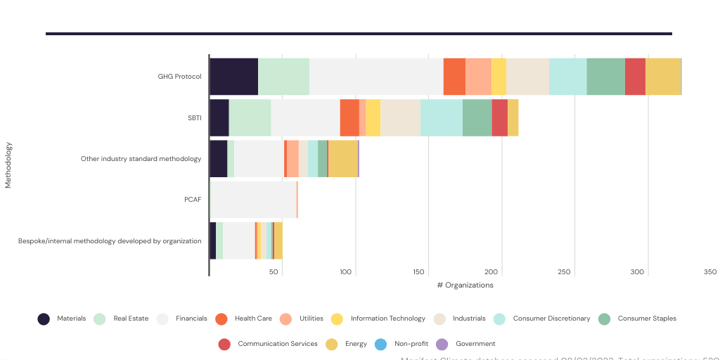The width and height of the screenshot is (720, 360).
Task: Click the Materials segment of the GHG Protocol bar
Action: [x=234, y=77]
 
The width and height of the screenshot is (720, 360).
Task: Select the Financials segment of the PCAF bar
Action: [x=254, y=200]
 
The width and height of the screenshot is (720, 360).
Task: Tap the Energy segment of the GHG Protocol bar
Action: [x=662, y=77]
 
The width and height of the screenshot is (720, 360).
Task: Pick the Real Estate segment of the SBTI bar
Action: [x=250, y=117]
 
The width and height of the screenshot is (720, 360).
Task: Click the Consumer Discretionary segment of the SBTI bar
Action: [x=441, y=117]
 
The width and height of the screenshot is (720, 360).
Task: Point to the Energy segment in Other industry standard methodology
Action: [x=342, y=158]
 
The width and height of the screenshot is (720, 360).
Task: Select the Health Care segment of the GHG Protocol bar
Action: [x=454, y=77]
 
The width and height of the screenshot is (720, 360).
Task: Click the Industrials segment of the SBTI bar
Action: [x=400, y=117]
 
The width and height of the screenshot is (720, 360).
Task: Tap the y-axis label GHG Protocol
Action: [x=179, y=77]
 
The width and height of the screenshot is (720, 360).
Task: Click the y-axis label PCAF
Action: [x=193, y=200]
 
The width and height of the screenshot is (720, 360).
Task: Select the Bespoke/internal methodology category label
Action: [x=110, y=240]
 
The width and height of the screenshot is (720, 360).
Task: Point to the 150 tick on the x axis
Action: [x=419, y=272]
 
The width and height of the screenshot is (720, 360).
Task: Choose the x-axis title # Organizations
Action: [x=465, y=285]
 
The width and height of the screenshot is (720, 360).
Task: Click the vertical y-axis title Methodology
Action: [x=8, y=165]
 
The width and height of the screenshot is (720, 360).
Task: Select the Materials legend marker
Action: [x=44, y=319]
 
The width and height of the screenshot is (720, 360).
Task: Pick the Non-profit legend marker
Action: [x=380, y=344]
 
